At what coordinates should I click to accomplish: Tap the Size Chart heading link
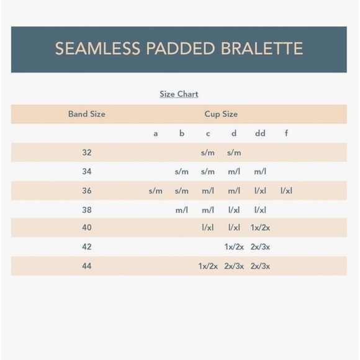click(179, 94)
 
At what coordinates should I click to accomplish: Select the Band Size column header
click(86, 114)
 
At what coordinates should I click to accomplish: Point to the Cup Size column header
click(221, 114)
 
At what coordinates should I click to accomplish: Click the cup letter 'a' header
click(155, 133)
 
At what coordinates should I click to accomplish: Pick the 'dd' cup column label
click(260, 133)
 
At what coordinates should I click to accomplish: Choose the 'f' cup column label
click(286, 133)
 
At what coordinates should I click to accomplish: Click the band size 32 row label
click(86, 152)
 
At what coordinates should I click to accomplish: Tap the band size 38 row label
click(86, 210)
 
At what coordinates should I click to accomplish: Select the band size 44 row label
click(86, 266)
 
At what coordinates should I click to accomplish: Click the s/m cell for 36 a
click(155, 191)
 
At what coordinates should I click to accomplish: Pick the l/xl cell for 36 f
click(286, 191)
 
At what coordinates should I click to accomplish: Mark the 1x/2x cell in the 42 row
click(234, 247)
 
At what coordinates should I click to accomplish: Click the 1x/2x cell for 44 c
click(208, 266)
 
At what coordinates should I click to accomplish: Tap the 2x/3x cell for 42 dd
click(260, 247)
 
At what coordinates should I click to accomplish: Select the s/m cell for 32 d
click(234, 153)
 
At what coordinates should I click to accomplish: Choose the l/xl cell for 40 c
click(208, 228)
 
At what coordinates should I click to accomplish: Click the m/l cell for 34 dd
click(260, 171)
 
